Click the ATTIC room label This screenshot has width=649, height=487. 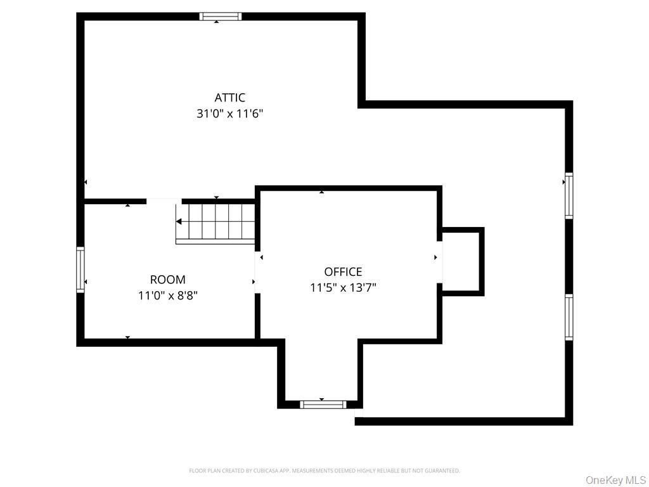pos(229,98)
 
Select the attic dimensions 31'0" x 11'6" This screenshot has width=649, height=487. pos(229,114)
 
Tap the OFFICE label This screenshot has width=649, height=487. pos(343,271)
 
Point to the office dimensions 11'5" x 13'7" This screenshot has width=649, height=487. pos(343,288)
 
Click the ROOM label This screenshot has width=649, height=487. pos(168,280)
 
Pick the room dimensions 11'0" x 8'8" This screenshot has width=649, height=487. pos(168,295)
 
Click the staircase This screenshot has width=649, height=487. pos(216,222)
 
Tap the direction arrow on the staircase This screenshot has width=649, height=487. pos(180,221)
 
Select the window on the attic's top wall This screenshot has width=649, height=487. pos(221,16)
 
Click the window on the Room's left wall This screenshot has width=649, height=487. pos(80,269)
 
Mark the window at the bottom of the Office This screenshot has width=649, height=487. pos(323,404)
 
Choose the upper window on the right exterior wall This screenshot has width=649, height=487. pos(569,197)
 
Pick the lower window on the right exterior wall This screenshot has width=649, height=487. pos(569,317)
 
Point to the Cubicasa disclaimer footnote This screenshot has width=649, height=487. pos(324,471)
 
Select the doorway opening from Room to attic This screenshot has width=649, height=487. pos(164,201)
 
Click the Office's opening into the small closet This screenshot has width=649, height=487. pos(439,261)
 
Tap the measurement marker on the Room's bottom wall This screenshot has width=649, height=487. pos(128,337)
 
